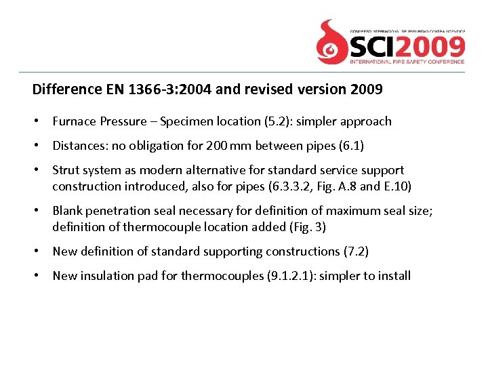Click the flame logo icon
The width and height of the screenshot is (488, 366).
tap(332, 41)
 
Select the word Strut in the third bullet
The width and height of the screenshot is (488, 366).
tap(66, 170)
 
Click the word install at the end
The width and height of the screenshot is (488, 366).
tap(392, 276)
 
